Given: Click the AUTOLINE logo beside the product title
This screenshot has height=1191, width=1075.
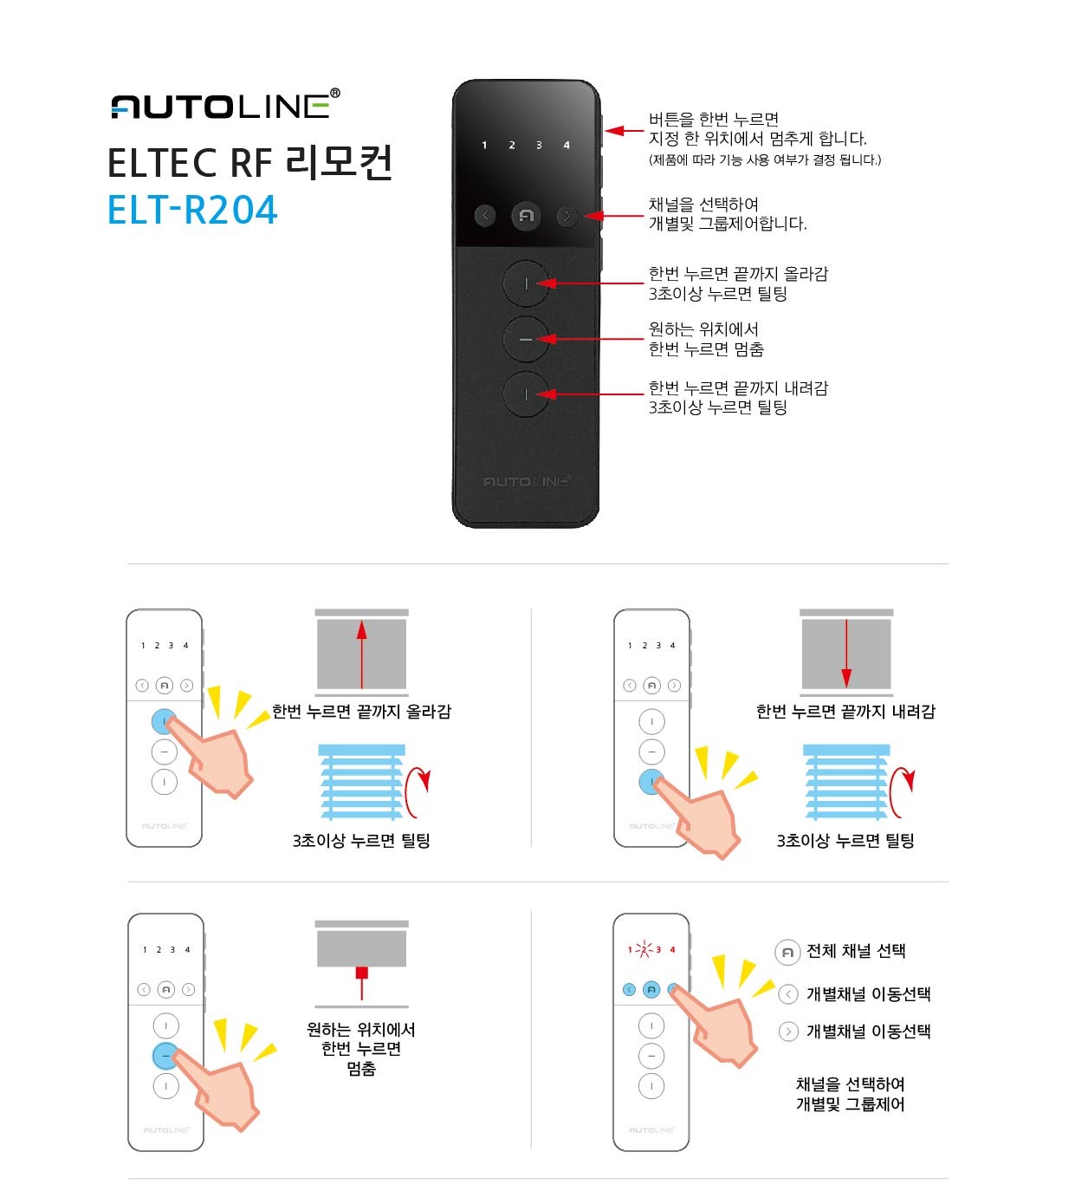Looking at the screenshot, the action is click(225, 104).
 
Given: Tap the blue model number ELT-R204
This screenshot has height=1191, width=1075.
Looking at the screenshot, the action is click(192, 210).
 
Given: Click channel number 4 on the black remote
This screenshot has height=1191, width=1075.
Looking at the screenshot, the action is click(567, 145).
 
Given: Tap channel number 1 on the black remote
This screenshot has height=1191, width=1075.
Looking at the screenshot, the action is click(484, 145).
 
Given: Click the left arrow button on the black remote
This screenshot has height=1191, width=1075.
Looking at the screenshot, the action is click(485, 215).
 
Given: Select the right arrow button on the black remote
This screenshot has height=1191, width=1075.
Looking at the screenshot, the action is click(567, 216).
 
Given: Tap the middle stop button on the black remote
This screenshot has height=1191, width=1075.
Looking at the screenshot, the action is click(526, 339).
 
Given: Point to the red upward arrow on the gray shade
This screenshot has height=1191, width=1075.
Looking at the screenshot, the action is click(361, 654).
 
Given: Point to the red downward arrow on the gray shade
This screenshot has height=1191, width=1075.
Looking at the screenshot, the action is click(846, 654).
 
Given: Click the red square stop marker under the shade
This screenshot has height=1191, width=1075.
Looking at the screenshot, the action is click(361, 972).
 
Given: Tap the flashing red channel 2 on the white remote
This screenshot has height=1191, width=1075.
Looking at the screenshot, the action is click(644, 949).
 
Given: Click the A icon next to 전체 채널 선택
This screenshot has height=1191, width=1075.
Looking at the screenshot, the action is click(787, 953).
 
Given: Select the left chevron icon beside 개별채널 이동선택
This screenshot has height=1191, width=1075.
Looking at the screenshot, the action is click(788, 994).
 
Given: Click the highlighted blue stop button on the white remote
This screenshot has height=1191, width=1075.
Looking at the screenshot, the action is click(165, 1056).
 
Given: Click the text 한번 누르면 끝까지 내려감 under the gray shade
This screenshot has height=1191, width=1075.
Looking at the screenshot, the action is click(845, 712).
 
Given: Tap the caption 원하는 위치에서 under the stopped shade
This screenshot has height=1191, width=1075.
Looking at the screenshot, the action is click(361, 1029).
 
